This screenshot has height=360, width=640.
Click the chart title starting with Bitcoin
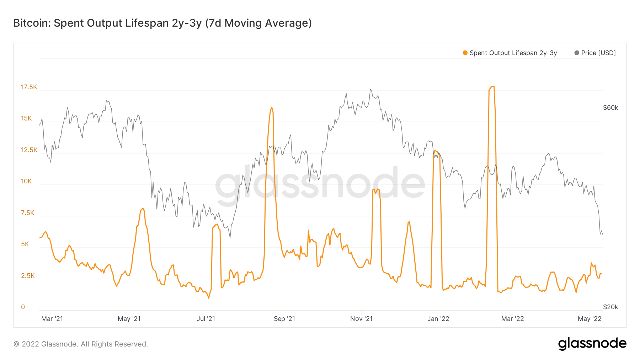tap(162, 23)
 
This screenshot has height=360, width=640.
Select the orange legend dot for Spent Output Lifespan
tap(465, 53)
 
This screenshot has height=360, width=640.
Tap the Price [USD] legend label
tap(598, 53)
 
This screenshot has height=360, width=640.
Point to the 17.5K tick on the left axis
tap(29, 87)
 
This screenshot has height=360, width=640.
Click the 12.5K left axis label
tap(29, 150)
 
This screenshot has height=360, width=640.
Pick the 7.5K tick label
tap(27, 213)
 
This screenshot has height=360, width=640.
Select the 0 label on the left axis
tap(23, 307)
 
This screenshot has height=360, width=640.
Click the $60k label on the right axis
tap(610, 108)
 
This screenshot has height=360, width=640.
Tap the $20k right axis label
tap(610, 307)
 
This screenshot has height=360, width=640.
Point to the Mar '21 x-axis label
tap(52, 319)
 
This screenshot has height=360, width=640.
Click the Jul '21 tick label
tap(206, 319)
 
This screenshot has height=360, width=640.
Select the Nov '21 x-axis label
tap(361, 319)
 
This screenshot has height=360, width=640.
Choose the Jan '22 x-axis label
tap(438, 319)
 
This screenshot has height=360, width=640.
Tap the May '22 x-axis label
tap(590, 319)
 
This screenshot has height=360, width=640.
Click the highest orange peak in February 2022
tap(492, 86)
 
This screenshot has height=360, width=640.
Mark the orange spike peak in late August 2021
tap(272, 107)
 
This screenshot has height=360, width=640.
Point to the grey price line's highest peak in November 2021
tap(370, 90)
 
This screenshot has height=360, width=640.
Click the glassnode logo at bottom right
tap(592, 344)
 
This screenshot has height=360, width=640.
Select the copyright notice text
tap(81, 344)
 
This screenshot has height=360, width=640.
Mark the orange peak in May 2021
tap(143, 209)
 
